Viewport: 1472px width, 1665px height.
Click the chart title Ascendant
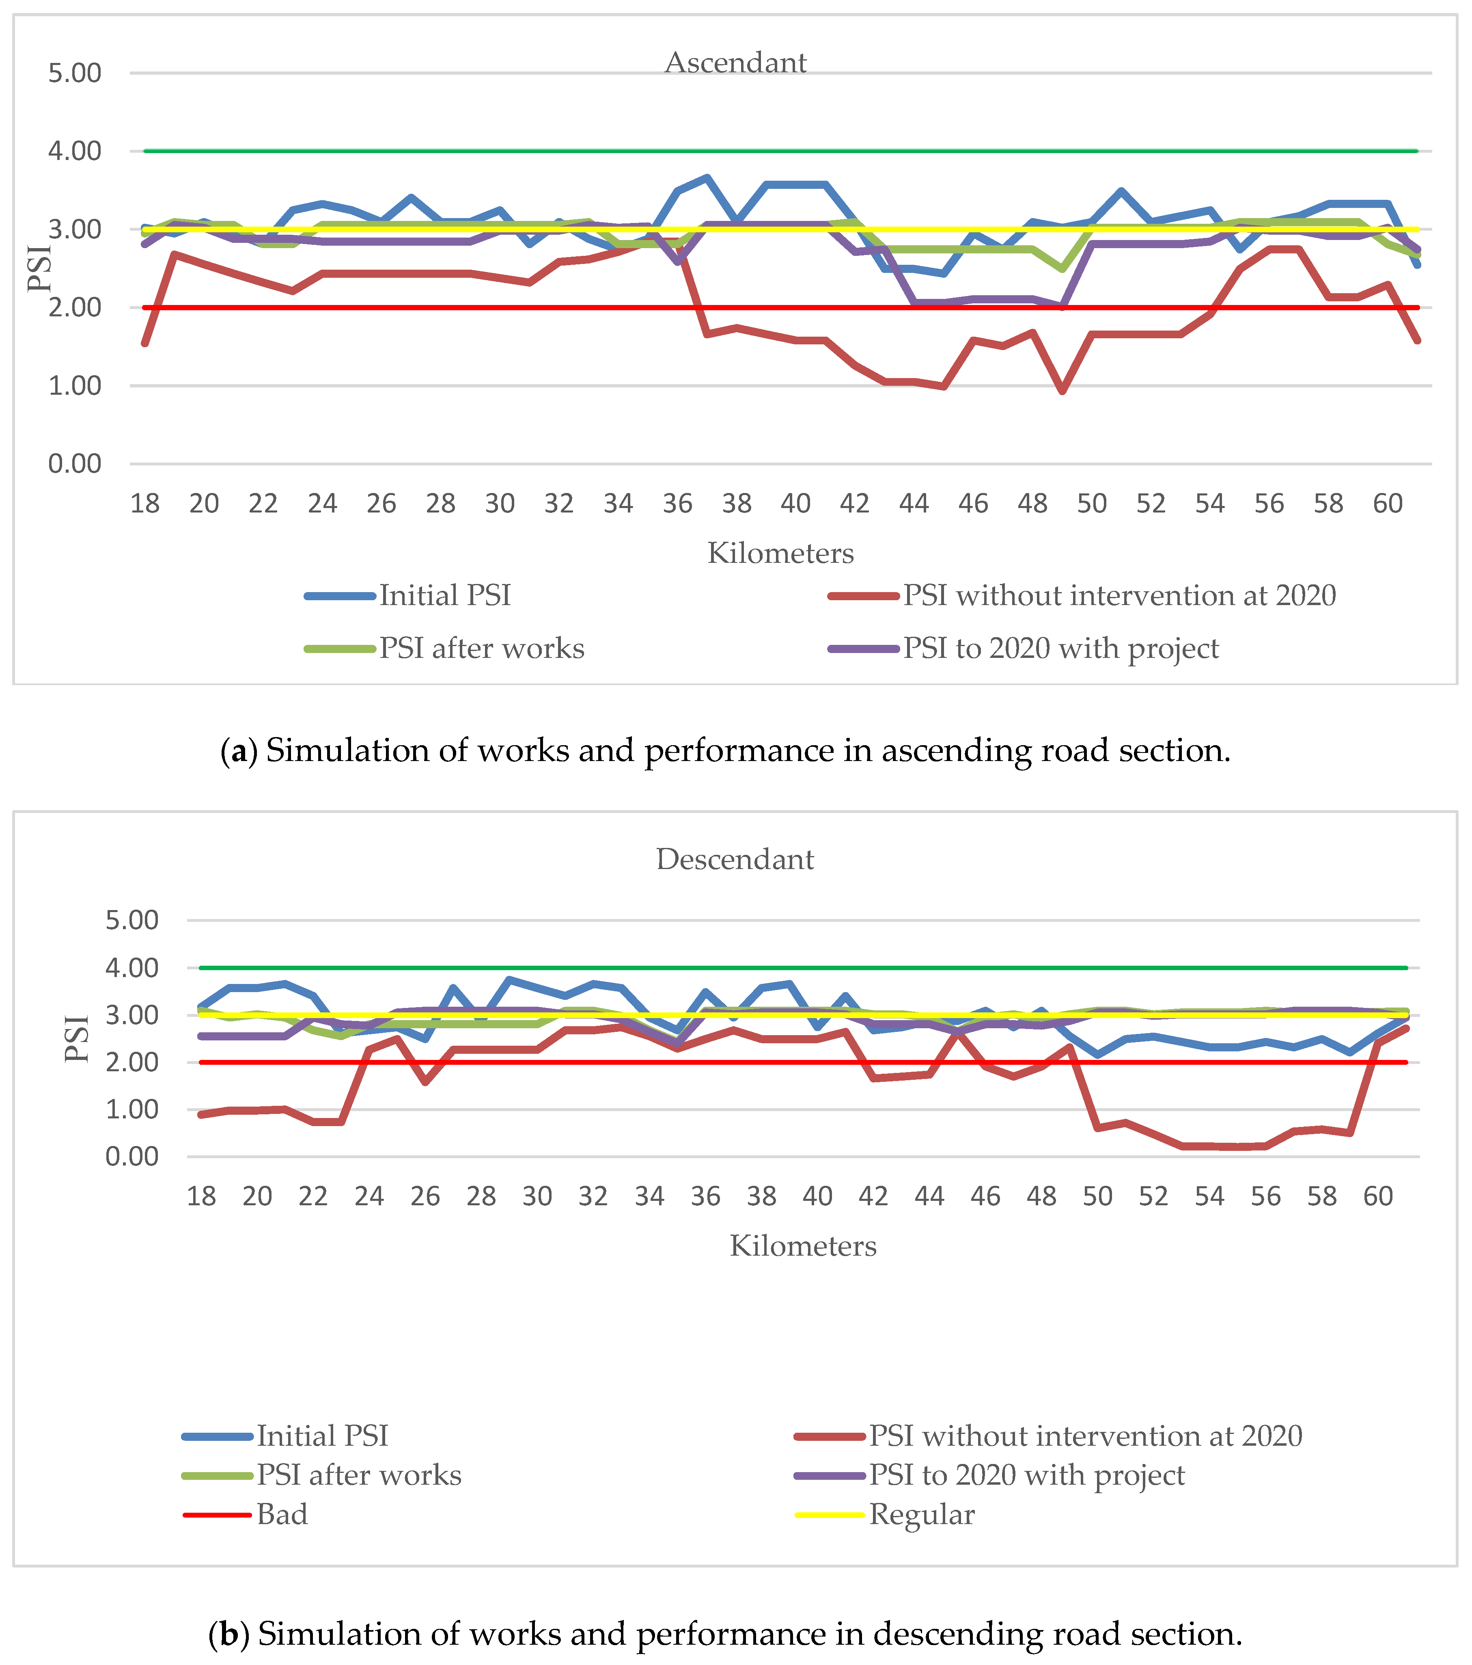735,63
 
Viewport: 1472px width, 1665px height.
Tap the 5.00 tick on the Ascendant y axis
75,74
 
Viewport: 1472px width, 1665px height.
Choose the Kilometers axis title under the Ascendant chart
780,553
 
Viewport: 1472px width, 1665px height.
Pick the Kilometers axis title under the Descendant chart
803,1246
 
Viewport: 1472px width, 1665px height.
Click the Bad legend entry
282,1514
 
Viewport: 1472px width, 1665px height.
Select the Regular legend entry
922,1514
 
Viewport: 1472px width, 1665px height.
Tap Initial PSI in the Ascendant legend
444,595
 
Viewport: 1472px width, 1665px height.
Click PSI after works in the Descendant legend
359,1475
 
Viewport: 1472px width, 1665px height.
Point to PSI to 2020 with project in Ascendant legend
1060,649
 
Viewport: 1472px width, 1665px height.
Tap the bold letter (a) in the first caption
239,750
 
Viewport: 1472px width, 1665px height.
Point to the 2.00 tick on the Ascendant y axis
75,308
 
